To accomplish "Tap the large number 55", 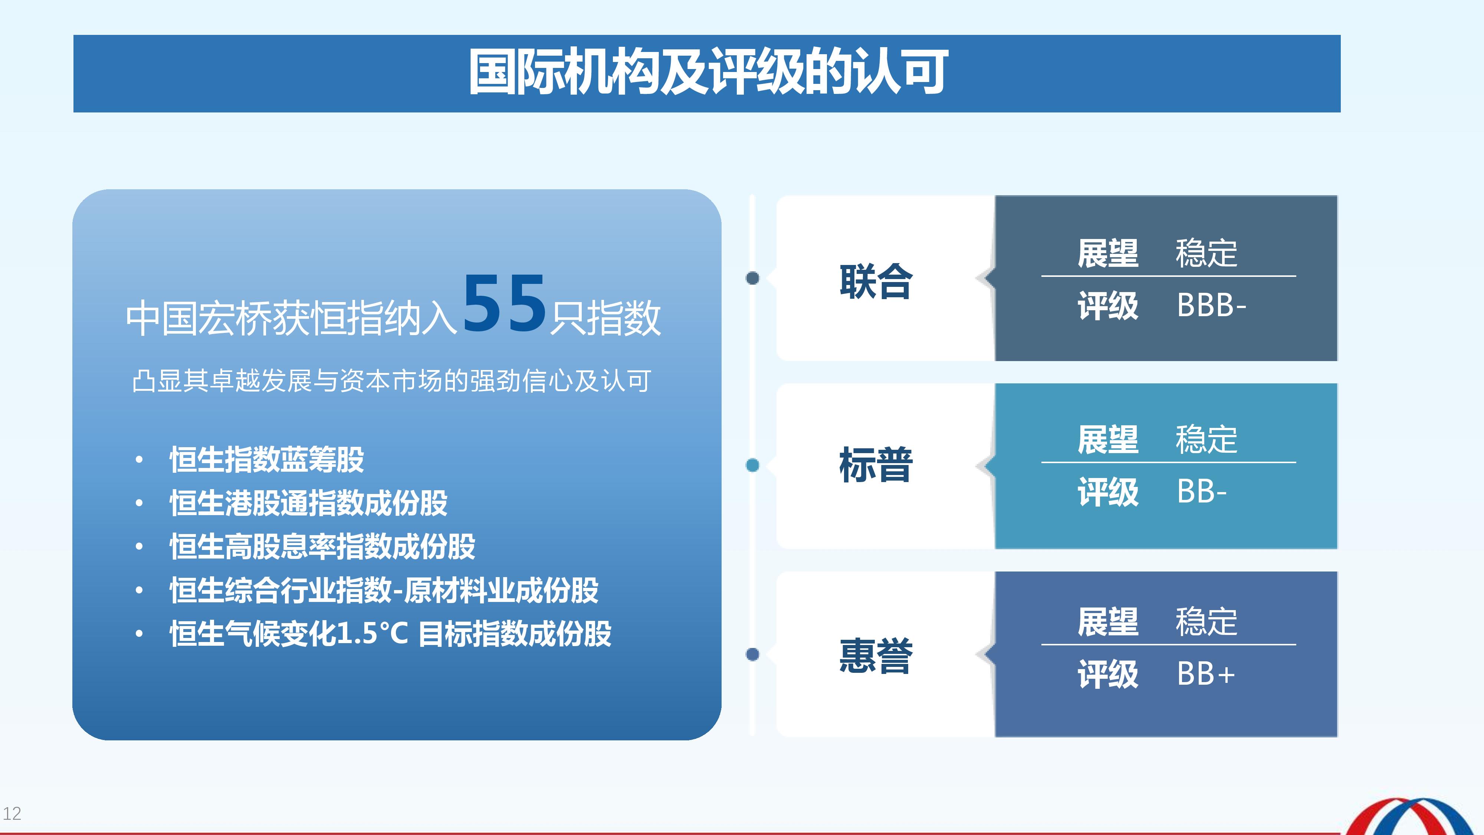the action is (505, 303).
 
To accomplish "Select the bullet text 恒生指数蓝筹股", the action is (267, 459).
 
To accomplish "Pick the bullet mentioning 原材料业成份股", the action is (384, 590).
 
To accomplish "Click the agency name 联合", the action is (876, 282).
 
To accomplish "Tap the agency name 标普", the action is (876, 465).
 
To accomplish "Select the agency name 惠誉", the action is (876, 656).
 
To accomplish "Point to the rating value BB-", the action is (1202, 492).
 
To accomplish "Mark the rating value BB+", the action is (1206, 674).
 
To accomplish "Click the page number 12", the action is (12, 813).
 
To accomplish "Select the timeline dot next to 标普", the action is (752, 465).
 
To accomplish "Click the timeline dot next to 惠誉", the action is (752, 654).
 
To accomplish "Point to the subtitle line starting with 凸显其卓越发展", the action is (392, 381).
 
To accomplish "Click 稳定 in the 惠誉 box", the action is (1206, 622).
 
